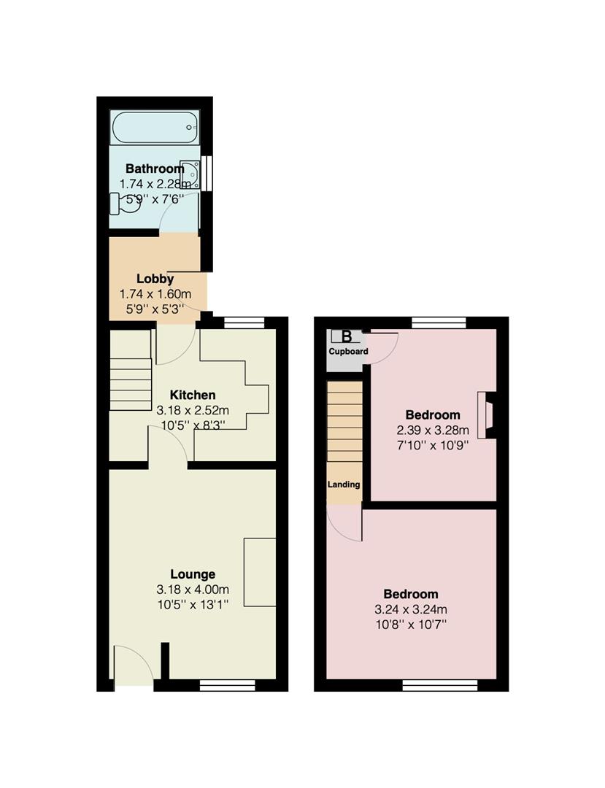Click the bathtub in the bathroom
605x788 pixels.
point(155,128)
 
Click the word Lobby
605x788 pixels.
point(155,279)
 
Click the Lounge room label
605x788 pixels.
point(193,574)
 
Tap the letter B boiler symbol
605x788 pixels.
point(346,336)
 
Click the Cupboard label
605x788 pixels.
point(347,352)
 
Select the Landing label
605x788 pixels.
point(343,484)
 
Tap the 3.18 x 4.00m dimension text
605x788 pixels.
point(193,590)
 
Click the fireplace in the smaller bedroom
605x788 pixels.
point(485,414)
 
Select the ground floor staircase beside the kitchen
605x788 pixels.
point(130,384)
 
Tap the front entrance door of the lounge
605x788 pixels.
point(133,668)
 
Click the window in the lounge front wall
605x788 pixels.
point(227,684)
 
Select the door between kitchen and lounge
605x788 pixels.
point(168,447)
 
